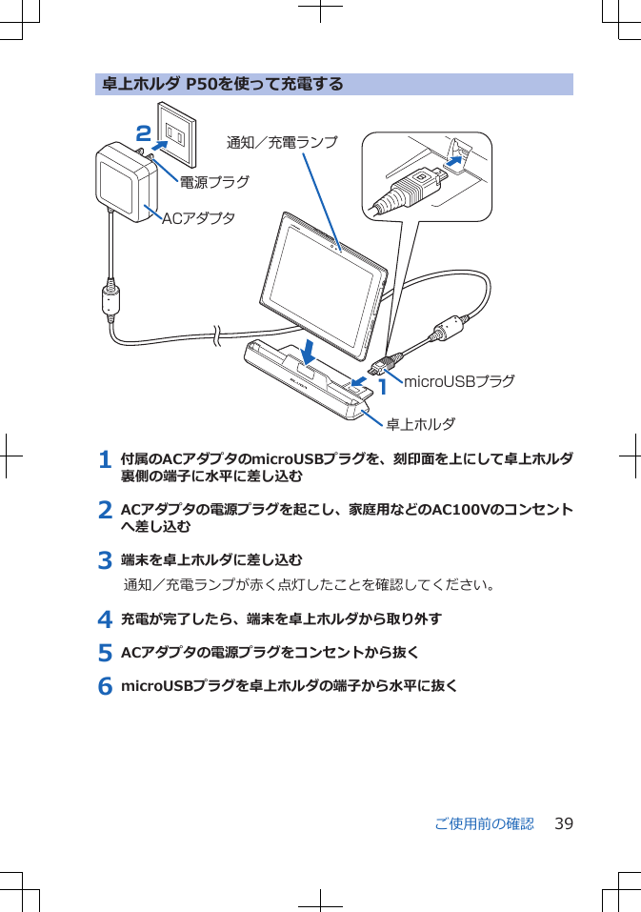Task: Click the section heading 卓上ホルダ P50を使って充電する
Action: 222,85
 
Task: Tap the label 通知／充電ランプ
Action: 282,143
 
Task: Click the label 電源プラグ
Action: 214,181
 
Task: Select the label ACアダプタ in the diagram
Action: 198,218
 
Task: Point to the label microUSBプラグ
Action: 459,381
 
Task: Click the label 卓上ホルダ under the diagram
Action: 420,423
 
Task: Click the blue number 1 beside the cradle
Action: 383,387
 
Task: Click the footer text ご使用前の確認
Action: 484,823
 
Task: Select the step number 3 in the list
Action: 106,560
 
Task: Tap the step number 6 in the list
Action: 106,686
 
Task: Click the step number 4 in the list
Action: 106,619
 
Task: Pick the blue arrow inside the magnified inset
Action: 458,161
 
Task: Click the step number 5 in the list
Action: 106,653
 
